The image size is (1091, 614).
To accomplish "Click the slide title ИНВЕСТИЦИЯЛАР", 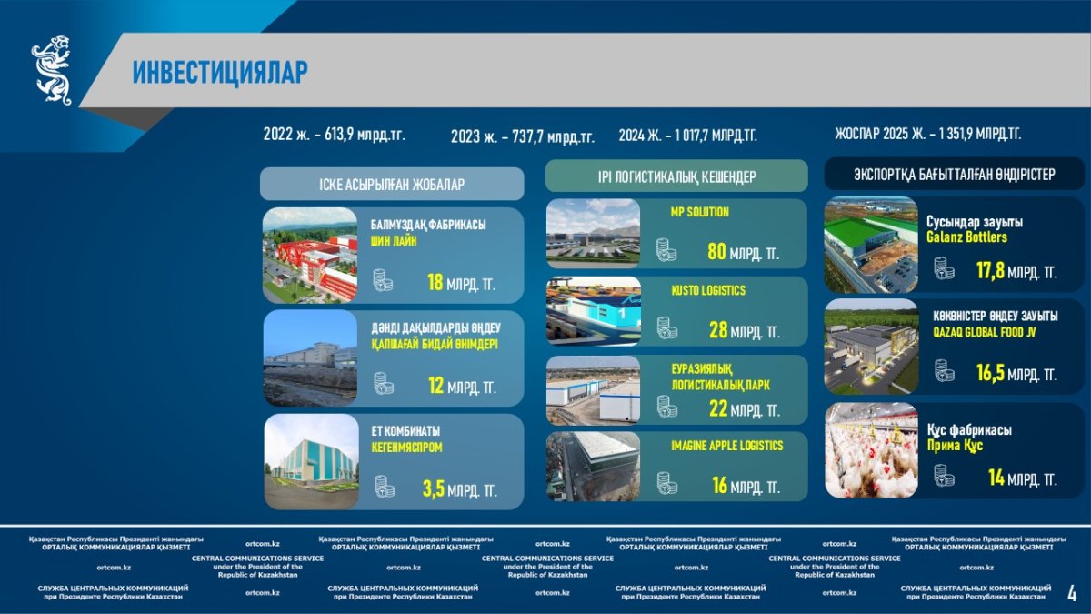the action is tap(220, 72).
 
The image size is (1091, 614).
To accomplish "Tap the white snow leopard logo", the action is tap(52, 70).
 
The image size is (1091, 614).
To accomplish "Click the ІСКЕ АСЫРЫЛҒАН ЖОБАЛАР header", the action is tap(392, 184).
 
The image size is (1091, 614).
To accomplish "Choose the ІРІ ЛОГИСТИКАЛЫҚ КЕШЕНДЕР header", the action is tap(677, 176).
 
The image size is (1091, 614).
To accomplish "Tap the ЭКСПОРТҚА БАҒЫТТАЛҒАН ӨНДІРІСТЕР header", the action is tap(954, 175).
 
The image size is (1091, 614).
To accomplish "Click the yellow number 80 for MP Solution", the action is tap(716, 252).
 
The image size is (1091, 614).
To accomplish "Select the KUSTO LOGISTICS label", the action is tap(708, 290).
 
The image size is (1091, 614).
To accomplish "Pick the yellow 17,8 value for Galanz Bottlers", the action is tap(990, 270).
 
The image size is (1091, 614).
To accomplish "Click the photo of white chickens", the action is tap(871, 450).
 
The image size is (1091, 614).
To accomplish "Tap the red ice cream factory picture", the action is tap(310, 256).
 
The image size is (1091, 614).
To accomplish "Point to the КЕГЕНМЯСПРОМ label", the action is tap(406, 448).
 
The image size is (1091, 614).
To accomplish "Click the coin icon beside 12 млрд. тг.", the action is tap(384, 384).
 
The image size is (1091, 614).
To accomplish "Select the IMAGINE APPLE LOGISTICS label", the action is tap(727, 446).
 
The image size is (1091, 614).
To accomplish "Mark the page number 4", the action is tap(1072, 593).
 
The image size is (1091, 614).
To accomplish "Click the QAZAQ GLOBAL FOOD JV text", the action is tap(985, 332).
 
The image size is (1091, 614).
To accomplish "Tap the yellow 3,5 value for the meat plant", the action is tap(434, 488).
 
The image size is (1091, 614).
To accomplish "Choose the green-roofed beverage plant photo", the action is tap(871, 245).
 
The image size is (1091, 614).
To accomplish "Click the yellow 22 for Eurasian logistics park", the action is tap(718, 408).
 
